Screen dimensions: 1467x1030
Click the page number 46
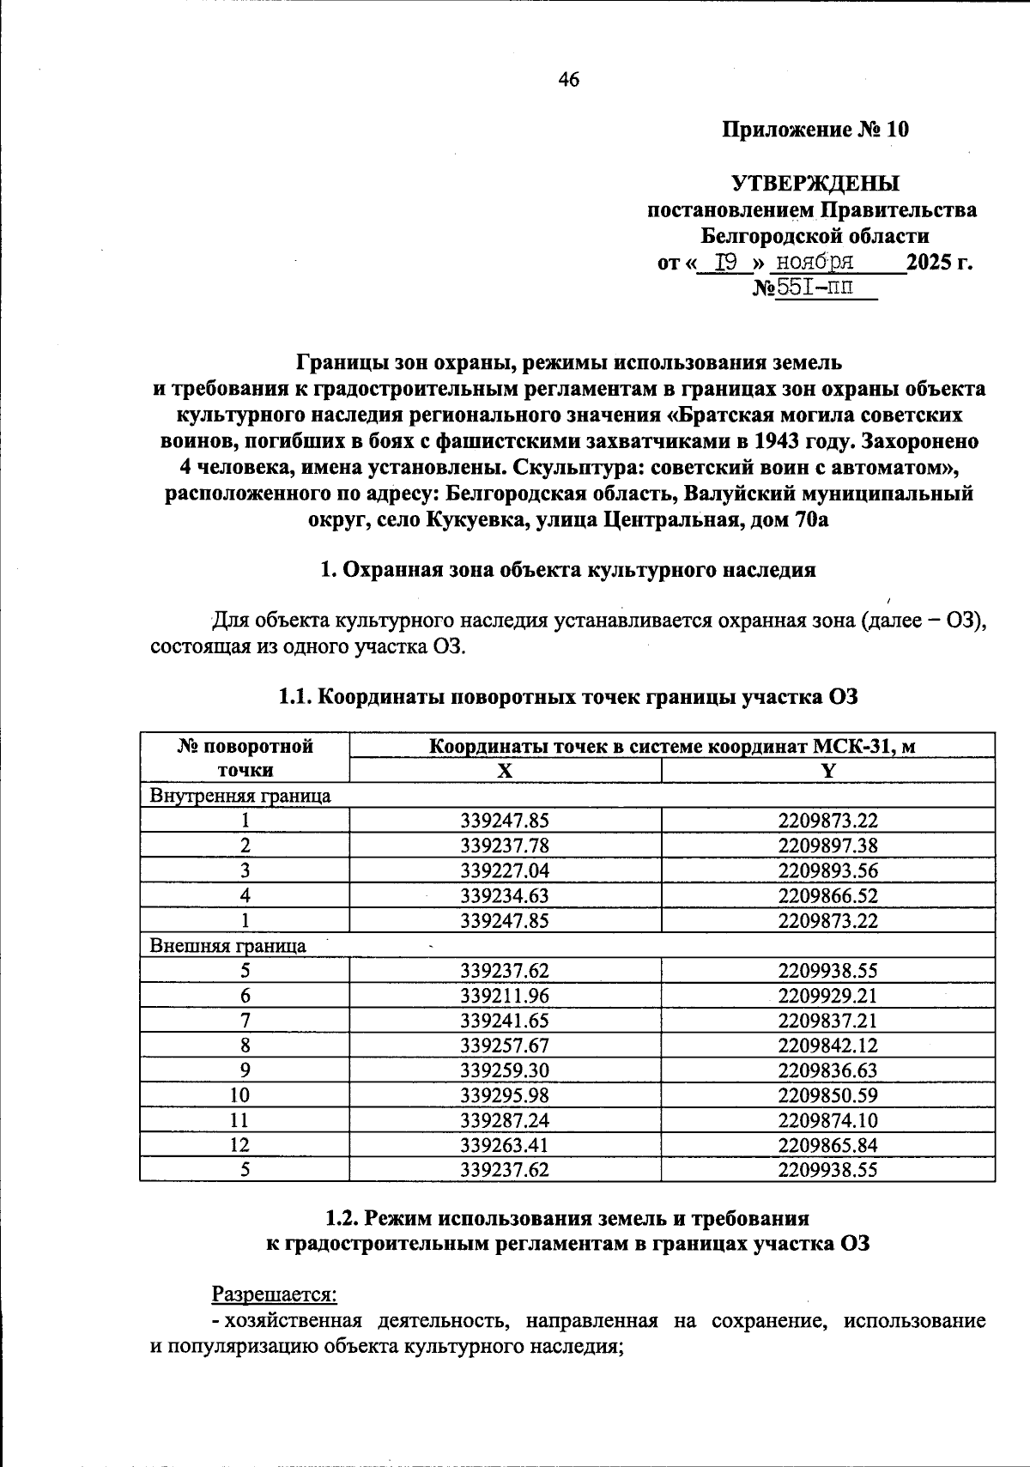[568, 80]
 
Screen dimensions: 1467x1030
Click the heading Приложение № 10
[815, 130]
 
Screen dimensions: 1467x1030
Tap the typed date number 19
[726, 262]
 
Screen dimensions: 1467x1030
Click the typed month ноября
[815, 262]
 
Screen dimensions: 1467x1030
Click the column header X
[506, 771]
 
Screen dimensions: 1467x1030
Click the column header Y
[827, 771]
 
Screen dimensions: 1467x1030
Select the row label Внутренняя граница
[240, 796]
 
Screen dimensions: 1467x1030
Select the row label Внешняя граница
[228, 946]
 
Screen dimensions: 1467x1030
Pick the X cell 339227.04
[505, 870]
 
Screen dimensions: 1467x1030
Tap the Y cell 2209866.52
[828, 895]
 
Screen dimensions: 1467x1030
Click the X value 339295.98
[505, 1095]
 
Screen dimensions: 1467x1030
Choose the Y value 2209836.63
[828, 1070]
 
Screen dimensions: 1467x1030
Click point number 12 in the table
[245, 1145]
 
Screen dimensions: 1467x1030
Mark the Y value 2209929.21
[828, 996]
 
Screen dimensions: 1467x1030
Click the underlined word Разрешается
[274, 1293]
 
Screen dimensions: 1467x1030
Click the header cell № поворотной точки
[245, 758]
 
